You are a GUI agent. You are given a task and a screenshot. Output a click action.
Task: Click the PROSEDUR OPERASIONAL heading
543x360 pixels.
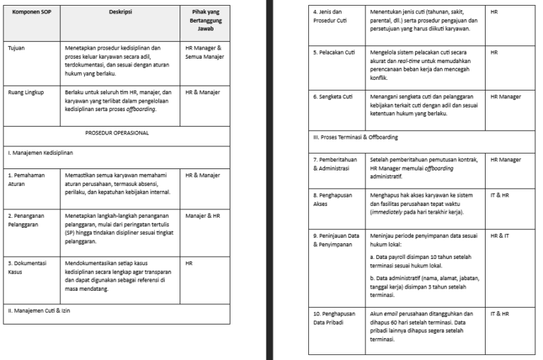coord(117,132)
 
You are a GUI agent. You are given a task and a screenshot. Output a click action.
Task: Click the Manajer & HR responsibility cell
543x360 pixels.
coord(201,214)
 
